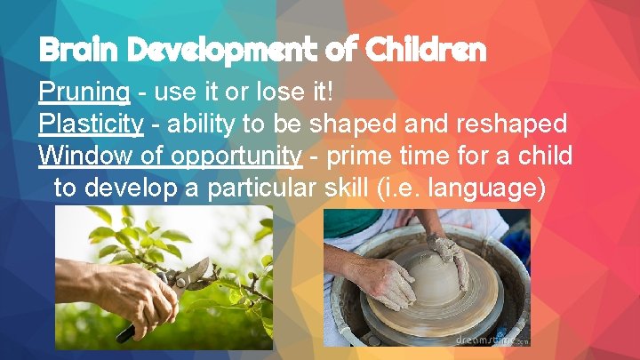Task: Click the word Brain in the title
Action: [75, 51]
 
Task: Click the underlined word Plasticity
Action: [91, 124]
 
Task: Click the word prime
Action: [358, 156]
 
